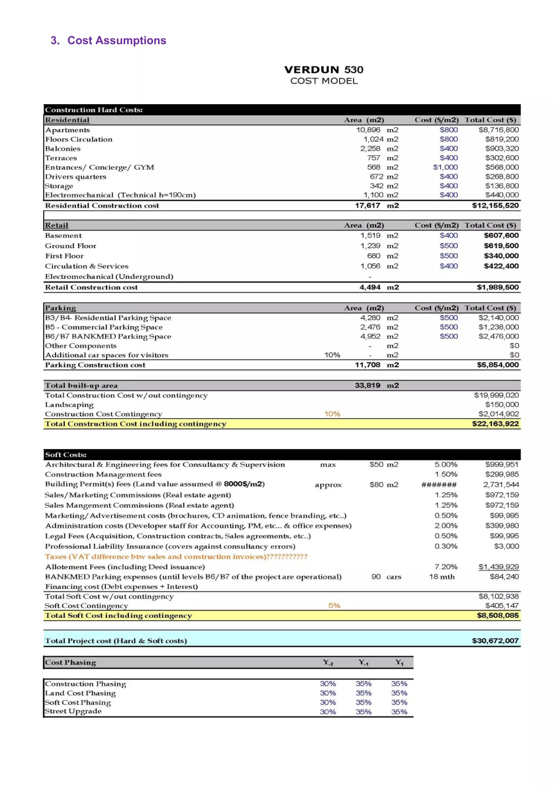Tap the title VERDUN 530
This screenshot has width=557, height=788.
coord(324,70)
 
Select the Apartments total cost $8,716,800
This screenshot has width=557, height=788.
coord(498,130)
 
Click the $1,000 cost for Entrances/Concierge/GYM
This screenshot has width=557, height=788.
coord(445,167)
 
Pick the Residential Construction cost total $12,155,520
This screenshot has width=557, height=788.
coord(495,206)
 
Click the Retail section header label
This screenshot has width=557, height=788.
coord(57,225)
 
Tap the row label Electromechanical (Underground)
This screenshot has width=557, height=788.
coord(109,277)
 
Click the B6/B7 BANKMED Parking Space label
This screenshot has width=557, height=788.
coord(108,337)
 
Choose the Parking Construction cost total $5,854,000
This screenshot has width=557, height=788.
coord(498,365)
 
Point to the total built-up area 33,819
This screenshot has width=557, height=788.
coord(367,385)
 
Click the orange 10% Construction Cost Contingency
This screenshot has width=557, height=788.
coord(332,414)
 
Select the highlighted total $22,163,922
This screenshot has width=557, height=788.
coord(495,424)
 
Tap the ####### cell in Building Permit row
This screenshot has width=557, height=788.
coord(439,485)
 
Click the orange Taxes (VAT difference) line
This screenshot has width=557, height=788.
coord(176,557)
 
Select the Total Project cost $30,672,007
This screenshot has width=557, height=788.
coord(495,641)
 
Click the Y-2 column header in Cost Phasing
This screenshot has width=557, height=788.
coord(328,662)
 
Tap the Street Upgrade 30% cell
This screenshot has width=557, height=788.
coord(328,712)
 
